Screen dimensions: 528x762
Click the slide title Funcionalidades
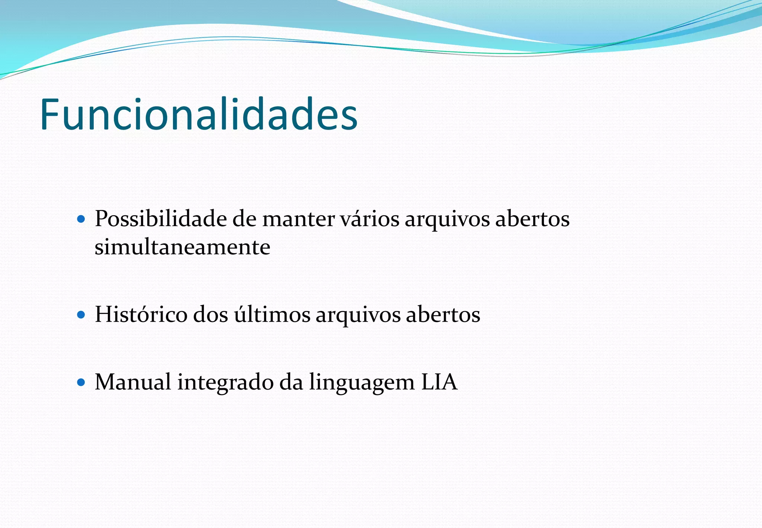pyautogui.click(x=199, y=114)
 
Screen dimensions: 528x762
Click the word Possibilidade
pyautogui.click(x=160, y=219)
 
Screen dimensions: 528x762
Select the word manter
pyautogui.click(x=298, y=219)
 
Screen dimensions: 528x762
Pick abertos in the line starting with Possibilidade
pyautogui.click(x=532, y=219)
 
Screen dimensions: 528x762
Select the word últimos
pyautogui.click(x=272, y=314)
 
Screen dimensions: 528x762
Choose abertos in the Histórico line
pyautogui.click(x=443, y=314)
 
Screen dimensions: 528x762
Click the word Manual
pyautogui.click(x=133, y=382)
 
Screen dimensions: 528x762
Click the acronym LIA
pyautogui.click(x=439, y=382)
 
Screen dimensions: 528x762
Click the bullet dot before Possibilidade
pyautogui.click(x=81, y=219)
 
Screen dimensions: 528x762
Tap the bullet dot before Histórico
pyautogui.click(x=81, y=315)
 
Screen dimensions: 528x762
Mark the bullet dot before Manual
pyautogui.click(x=81, y=382)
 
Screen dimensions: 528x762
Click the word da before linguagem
pyautogui.click(x=291, y=382)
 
